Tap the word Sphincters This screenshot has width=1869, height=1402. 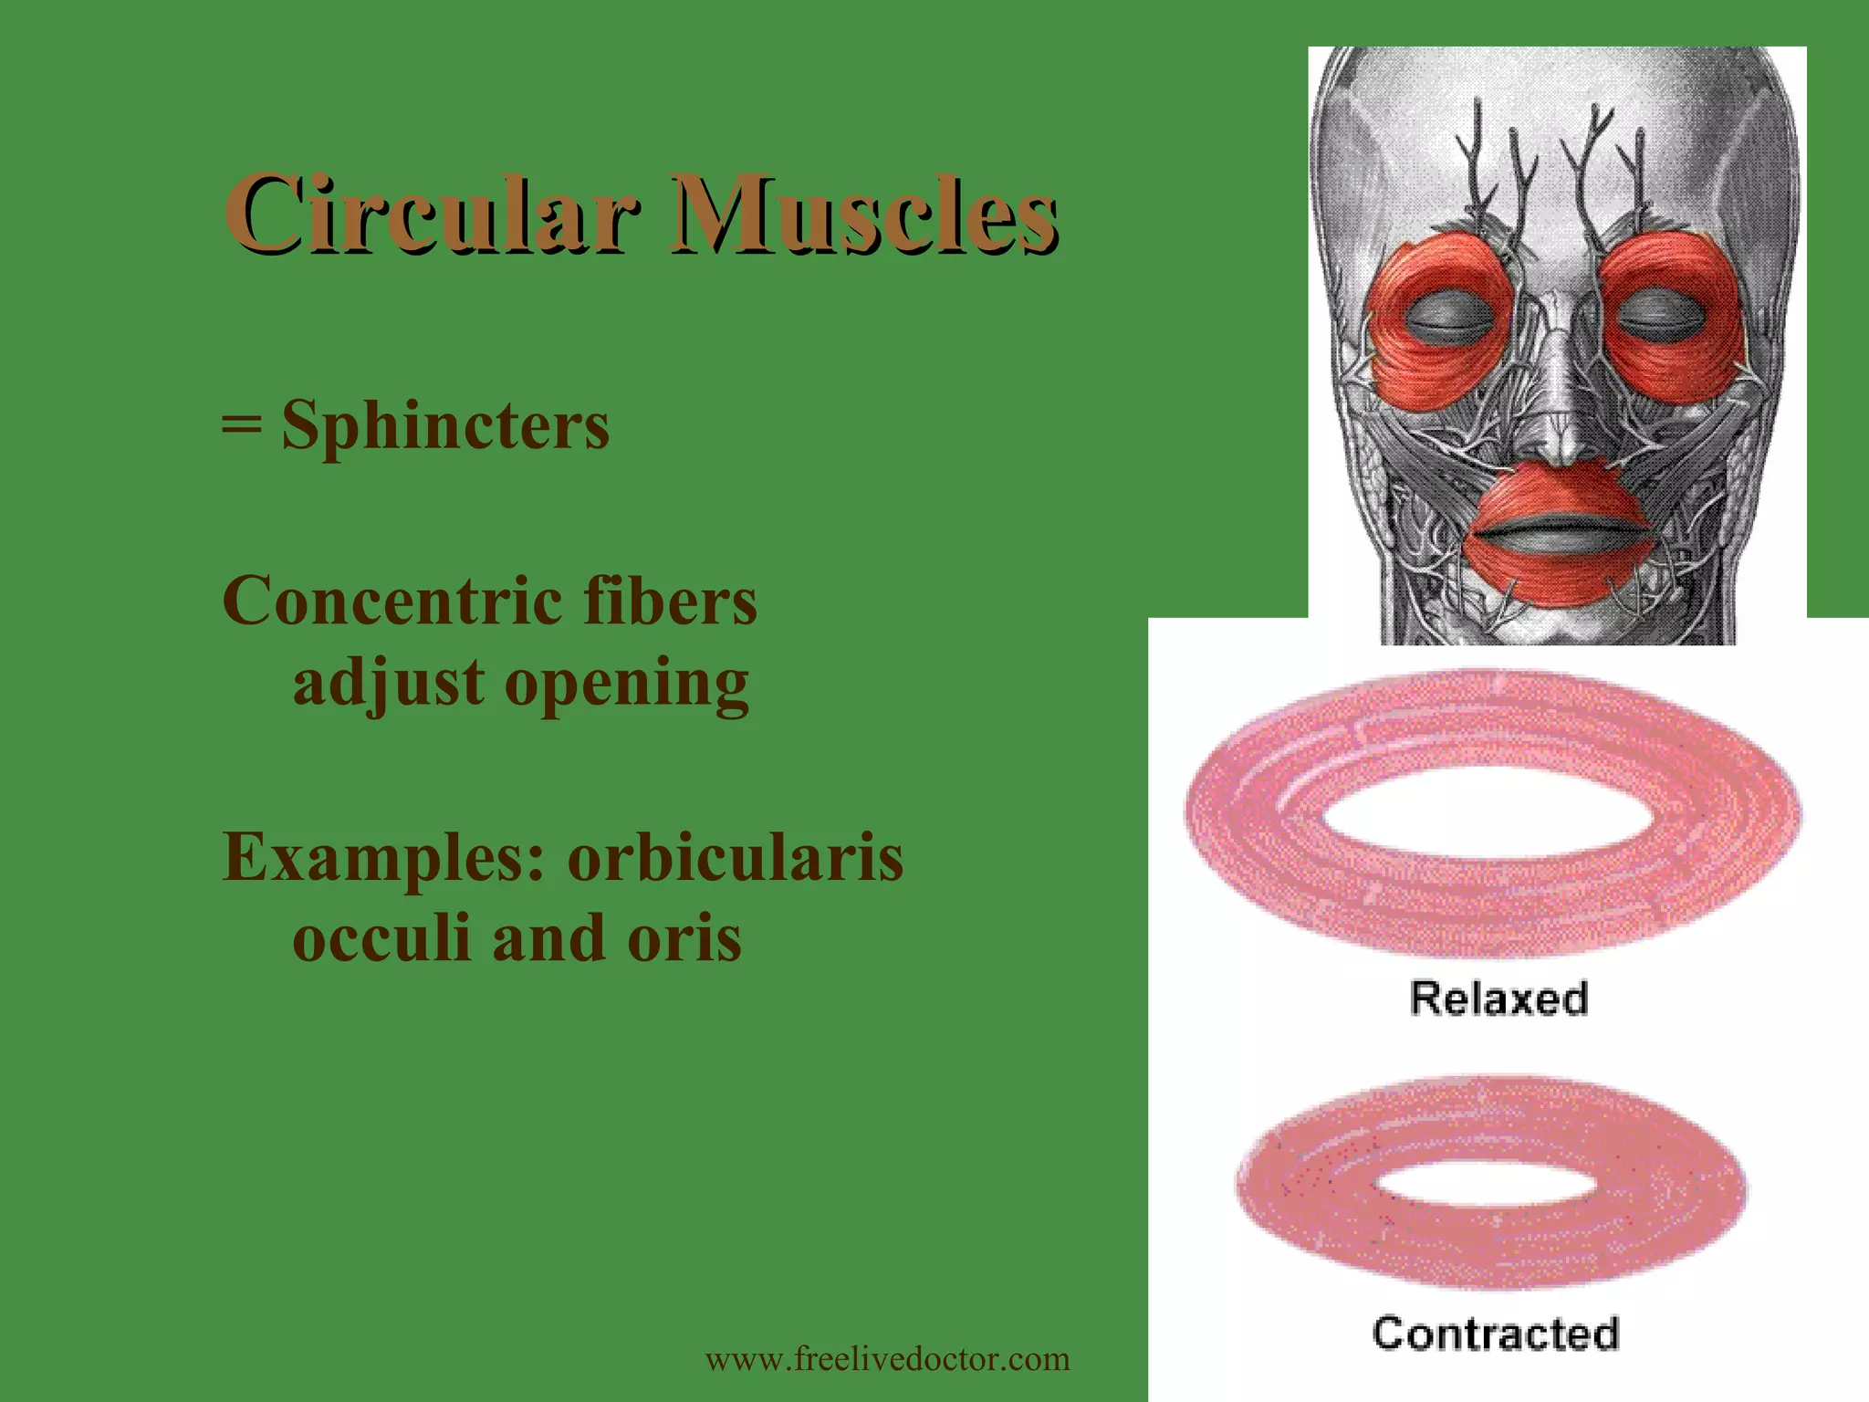[445, 426]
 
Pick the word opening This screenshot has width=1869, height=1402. [627, 683]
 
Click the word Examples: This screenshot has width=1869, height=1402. [384, 858]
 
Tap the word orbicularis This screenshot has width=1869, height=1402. [736, 858]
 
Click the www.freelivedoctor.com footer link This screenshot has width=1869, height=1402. [887, 1359]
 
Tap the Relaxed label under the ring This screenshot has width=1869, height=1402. [1498, 998]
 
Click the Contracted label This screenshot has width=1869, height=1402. [1496, 1334]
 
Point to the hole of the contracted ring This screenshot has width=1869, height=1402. [1485, 1185]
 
